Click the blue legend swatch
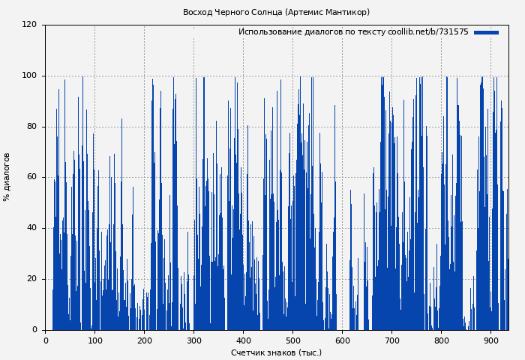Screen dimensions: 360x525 click(x=486, y=32)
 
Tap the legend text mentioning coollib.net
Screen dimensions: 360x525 click(x=353, y=32)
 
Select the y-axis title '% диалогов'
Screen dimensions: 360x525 click(x=7, y=177)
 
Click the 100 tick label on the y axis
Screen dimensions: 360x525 click(x=29, y=76)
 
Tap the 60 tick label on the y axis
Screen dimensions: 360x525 click(x=31, y=177)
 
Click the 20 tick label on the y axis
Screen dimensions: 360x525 click(x=31, y=279)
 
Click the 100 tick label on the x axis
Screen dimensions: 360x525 click(x=94, y=340)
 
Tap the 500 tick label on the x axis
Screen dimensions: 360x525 click(x=292, y=340)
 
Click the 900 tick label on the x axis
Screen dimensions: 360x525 click(x=490, y=340)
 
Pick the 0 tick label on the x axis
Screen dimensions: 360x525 click(x=45, y=340)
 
